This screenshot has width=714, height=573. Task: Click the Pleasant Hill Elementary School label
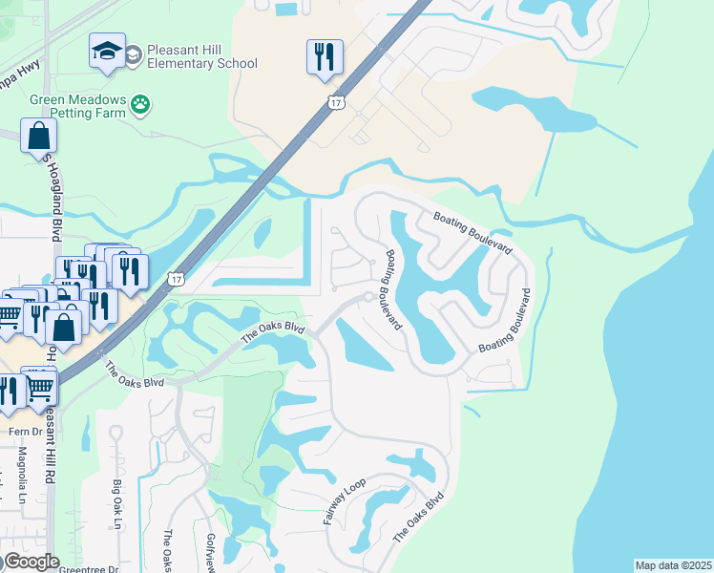tap(191, 56)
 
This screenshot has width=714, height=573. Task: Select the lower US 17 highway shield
tap(176, 279)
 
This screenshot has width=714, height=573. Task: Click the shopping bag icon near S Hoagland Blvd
tap(39, 137)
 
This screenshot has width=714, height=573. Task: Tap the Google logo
tap(31, 562)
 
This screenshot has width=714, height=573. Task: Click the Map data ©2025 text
tap(673, 565)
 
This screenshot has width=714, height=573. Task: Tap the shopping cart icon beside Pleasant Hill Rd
tap(39, 387)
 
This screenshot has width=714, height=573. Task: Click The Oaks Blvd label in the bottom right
tap(419, 517)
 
